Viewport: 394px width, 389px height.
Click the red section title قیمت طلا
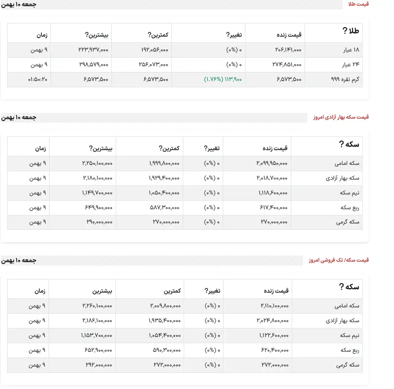(x=359, y=4)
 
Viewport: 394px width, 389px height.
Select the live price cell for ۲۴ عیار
(x=288, y=65)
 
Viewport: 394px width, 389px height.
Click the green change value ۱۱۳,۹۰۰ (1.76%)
(x=223, y=79)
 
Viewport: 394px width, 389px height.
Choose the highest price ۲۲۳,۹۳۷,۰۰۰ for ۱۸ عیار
(x=93, y=50)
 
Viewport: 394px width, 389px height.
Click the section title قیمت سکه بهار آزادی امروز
(x=341, y=117)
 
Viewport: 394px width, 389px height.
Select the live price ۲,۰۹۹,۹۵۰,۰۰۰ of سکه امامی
(x=272, y=164)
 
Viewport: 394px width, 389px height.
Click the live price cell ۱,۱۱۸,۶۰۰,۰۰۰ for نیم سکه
(x=274, y=193)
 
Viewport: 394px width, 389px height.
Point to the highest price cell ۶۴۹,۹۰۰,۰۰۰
(x=97, y=208)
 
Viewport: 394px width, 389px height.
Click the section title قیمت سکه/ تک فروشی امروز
(x=338, y=260)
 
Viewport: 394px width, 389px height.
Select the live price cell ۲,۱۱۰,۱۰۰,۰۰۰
(x=275, y=306)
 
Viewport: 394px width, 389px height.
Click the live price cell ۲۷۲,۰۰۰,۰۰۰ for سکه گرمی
(x=275, y=365)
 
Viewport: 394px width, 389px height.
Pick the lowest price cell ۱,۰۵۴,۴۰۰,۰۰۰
(x=164, y=336)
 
